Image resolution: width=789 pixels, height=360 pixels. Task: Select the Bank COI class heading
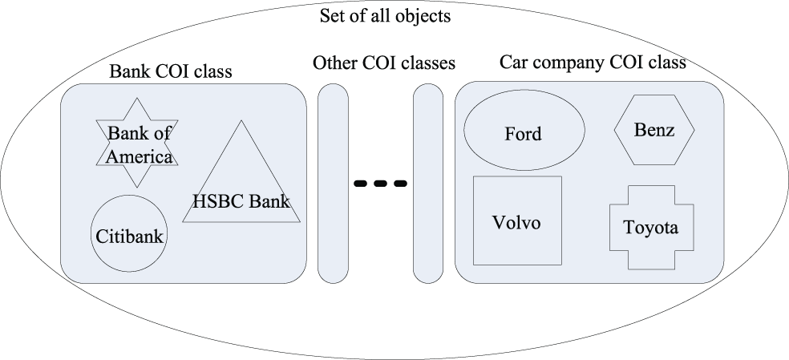170,71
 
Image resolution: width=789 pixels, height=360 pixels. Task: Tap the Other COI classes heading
384,62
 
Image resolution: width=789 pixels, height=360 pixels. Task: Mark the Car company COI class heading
593,62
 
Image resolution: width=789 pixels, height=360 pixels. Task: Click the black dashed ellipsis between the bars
381,184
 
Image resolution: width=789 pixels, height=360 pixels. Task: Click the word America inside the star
141,157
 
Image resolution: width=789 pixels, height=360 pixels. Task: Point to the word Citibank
130,237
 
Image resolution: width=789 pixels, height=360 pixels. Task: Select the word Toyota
651,228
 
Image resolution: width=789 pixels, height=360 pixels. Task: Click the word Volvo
516,222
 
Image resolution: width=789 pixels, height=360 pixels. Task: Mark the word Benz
655,130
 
